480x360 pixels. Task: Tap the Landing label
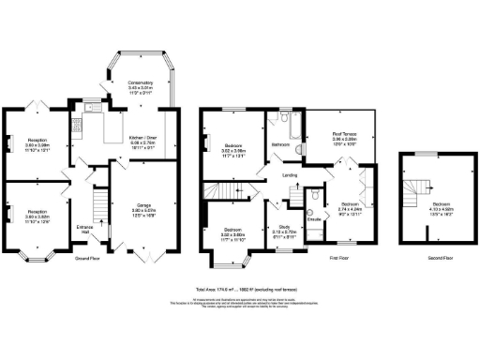tap(291, 174)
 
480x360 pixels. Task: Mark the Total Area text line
tap(239, 290)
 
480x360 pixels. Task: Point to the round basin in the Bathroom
tap(298, 148)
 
